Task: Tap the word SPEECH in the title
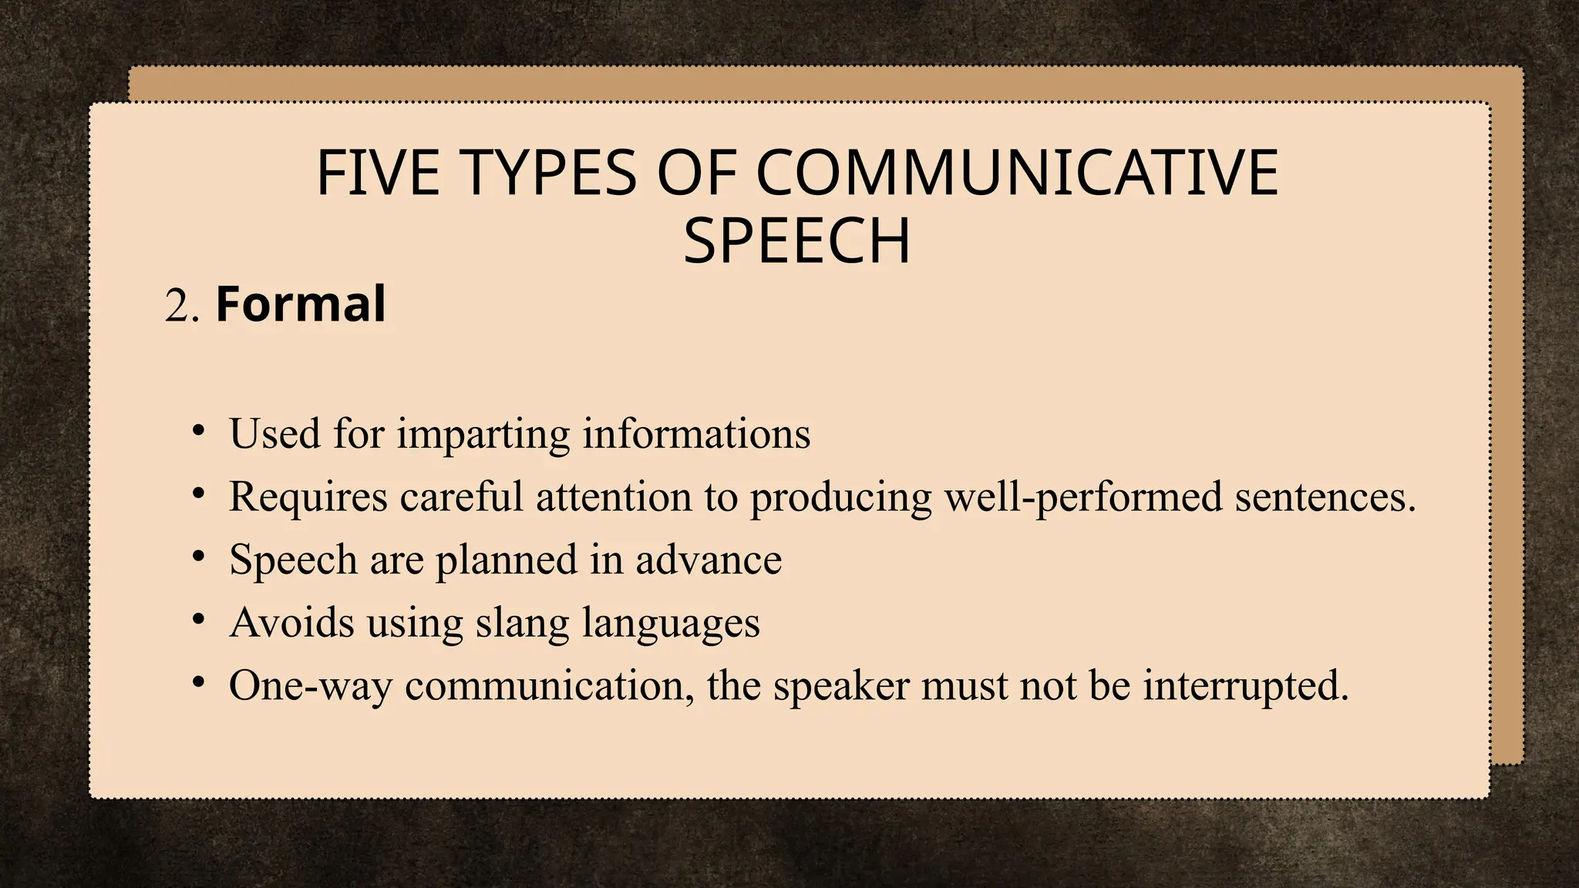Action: pos(796,241)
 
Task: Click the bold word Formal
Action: pos(301,304)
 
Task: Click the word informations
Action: pos(696,434)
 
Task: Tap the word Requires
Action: pos(308,497)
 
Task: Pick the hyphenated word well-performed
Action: pos(1083,497)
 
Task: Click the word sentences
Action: pos(1324,497)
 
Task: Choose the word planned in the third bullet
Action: pos(507,560)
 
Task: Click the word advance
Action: pos(709,560)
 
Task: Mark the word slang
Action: pos(522,624)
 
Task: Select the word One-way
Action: pos(311,686)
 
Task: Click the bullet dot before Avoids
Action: pos(199,620)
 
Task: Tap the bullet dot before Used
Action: pos(199,430)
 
